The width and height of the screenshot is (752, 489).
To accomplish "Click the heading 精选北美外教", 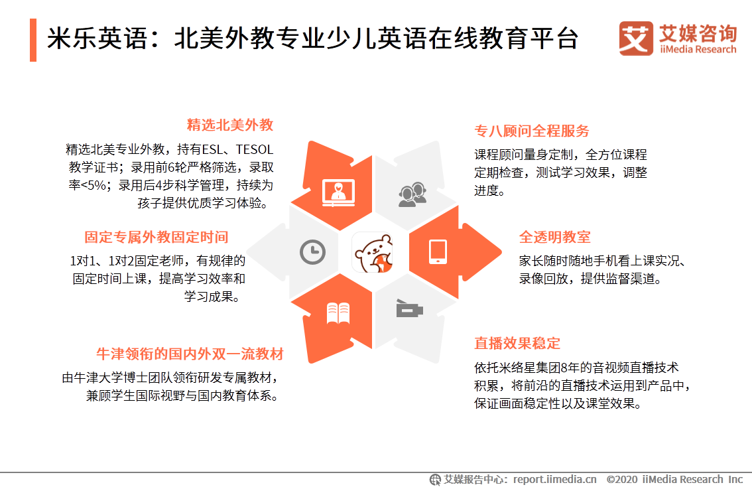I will (x=230, y=125).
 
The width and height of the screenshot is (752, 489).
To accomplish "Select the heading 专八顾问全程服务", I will (x=532, y=131).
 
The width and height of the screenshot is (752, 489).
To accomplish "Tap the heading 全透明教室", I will (x=554, y=238).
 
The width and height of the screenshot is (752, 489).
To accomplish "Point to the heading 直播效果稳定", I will (x=517, y=343).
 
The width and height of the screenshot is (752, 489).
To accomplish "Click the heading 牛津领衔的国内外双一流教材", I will (x=190, y=354).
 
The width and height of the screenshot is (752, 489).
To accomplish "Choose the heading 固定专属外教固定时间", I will (x=156, y=238).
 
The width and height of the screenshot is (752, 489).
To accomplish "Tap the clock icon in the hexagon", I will (x=312, y=251).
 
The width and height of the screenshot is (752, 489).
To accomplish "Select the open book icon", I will (x=338, y=313).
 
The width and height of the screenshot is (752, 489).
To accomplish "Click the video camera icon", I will (x=410, y=309).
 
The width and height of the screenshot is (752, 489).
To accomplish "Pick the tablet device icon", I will (x=438, y=251).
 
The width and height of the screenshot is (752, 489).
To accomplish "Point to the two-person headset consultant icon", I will (x=412, y=192).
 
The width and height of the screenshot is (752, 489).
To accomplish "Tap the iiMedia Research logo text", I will (x=698, y=49).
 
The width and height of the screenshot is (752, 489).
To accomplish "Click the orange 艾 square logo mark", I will (x=636, y=38).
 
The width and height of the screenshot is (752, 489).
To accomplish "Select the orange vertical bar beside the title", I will (x=32, y=40).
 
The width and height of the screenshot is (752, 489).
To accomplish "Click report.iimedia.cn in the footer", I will (x=554, y=479).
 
